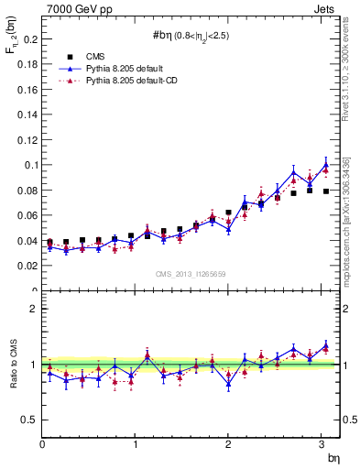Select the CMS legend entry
coord(108,57)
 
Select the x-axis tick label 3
coord(321,444)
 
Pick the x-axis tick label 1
coord(136,444)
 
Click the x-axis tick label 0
coord(42,444)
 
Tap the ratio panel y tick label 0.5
coord(28,420)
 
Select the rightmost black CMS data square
coord(326,191)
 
